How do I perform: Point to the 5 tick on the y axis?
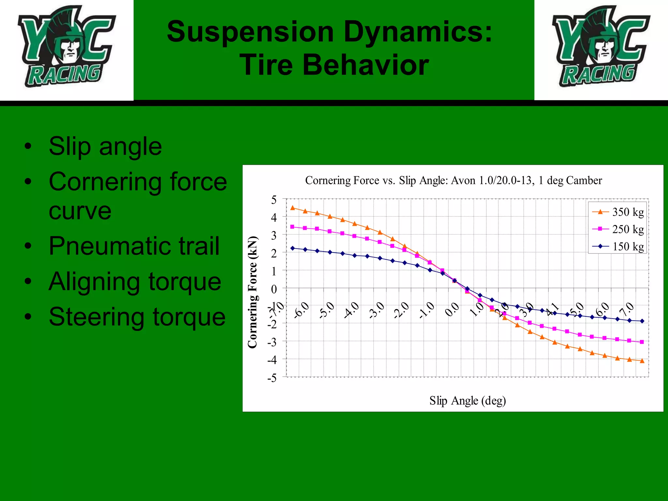274,200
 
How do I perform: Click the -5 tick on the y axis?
272,378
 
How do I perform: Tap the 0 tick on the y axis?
274,289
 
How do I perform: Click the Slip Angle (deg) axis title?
467,401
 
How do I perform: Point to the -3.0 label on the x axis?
377,310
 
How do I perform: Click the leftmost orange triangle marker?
293,208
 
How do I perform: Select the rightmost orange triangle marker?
642,361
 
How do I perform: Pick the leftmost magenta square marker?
292,227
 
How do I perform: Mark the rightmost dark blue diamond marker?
642,321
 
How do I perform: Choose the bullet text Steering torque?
137,317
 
